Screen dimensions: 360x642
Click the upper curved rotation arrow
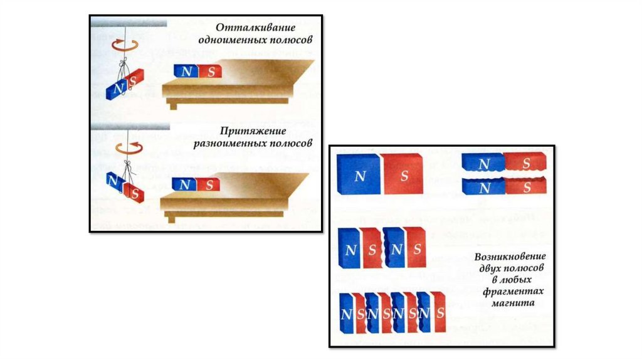click(x=123, y=45)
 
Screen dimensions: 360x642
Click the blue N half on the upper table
click(x=186, y=71)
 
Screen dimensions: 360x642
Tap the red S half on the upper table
click(x=211, y=71)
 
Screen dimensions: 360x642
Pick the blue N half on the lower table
click(x=184, y=184)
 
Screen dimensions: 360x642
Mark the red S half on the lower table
click(x=208, y=184)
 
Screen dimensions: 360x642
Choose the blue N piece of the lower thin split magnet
click(x=483, y=187)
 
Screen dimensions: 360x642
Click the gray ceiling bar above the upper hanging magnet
click(x=129, y=23)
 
